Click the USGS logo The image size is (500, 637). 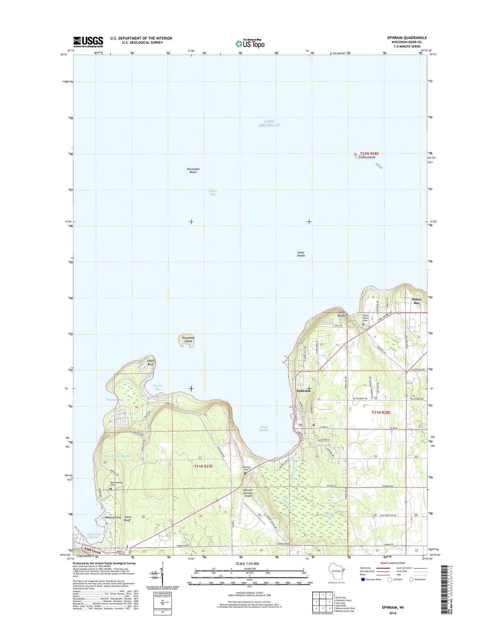[x=88, y=42]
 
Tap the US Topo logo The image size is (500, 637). [x=250, y=43]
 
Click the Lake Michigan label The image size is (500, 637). [x=269, y=123]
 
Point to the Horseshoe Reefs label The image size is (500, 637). [x=193, y=170]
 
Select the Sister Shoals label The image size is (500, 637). [x=301, y=254]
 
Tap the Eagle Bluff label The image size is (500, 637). [x=151, y=362]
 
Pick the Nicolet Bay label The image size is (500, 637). [x=157, y=387]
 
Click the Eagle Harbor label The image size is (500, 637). [x=264, y=428]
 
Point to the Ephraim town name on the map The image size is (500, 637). [x=303, y=390]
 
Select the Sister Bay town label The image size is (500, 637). [x=417, y=301]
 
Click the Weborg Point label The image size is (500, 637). [x=113, y=517]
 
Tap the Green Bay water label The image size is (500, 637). [x=213, y=193]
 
